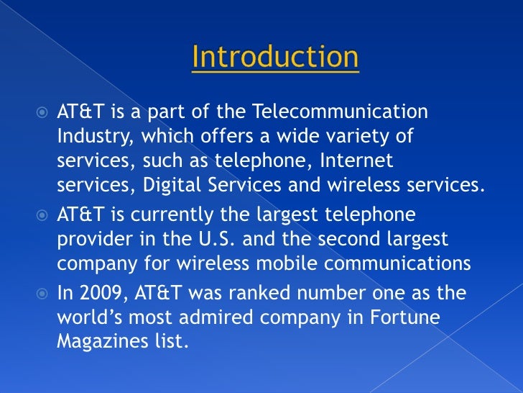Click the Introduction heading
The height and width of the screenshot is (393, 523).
click(275, 58)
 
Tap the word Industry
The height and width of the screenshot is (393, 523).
click(95, 137)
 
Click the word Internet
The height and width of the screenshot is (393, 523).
click(349, 161)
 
